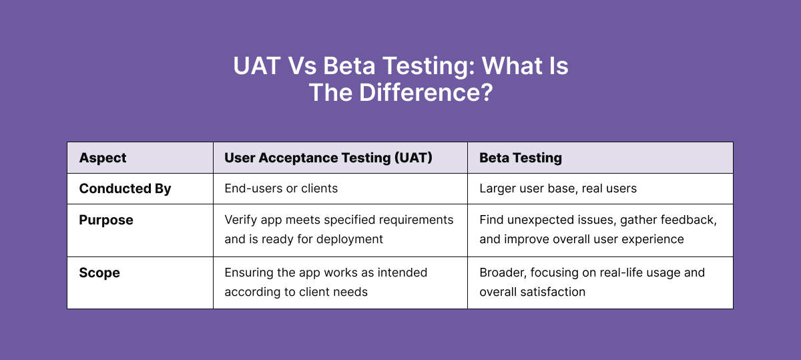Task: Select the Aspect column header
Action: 103,158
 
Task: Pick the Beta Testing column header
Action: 521,158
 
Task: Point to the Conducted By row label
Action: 125,189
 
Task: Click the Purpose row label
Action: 106,220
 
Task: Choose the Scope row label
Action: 99,273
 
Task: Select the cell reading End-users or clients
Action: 281,188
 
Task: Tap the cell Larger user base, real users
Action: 558,188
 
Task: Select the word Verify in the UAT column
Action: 240,220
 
